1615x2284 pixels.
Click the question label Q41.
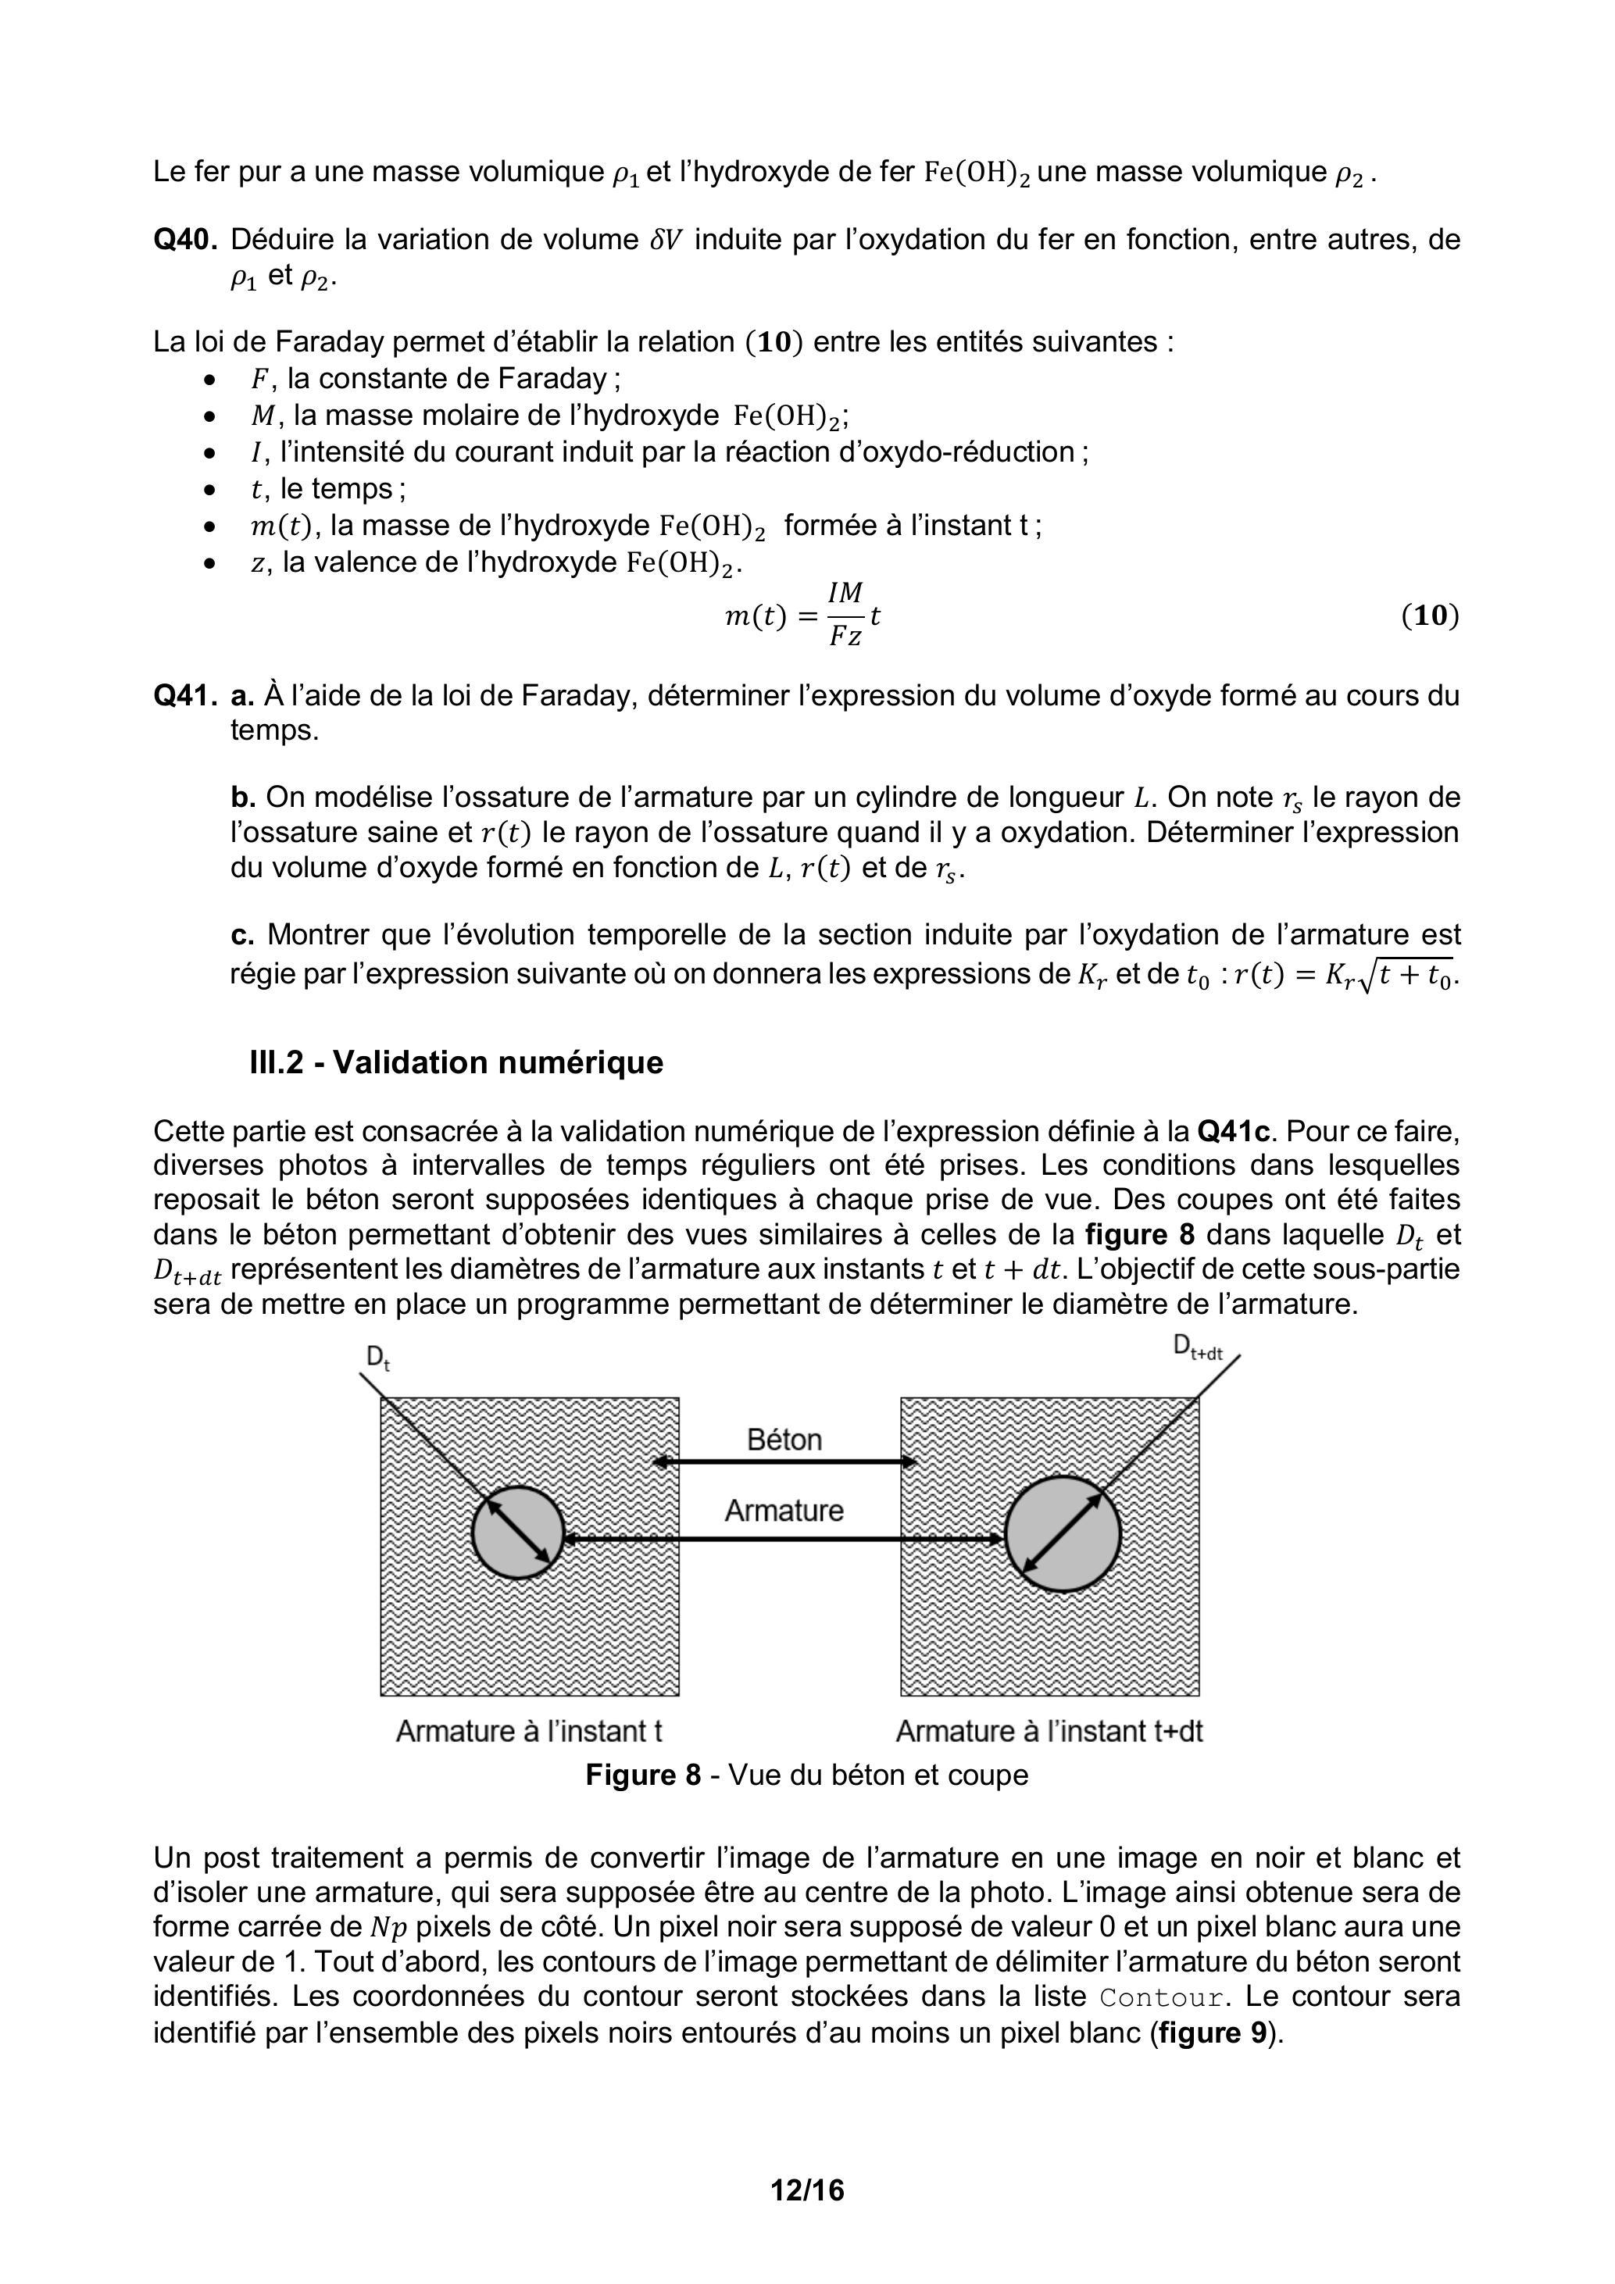click(184, 695)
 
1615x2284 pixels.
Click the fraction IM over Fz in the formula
click(846, 616)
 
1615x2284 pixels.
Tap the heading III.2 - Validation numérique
click(456, 1062)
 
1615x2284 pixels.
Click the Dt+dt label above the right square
click(1198, 1348)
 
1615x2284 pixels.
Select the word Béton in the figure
click(784, 1440)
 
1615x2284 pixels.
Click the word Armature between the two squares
click(784, 1510)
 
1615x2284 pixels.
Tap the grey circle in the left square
click(517, 1533)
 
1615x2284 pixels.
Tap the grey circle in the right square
click(1063, 1533)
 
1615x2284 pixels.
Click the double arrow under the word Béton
click(784, 1462)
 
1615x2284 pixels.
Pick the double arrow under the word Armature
click(784, 1539)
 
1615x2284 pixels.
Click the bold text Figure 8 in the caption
click(643, 1775)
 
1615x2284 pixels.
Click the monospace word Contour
click(1160, 1997)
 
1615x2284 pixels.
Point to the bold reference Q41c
click(1233, 1131)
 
